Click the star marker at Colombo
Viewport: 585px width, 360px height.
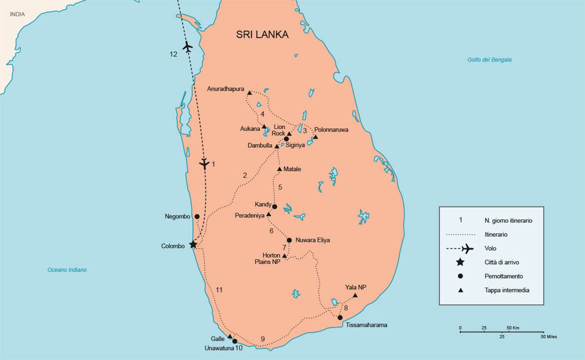tap(193, 244)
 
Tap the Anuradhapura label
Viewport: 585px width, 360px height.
tap(225, 89)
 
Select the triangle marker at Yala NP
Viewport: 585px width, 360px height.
tap(355, 295)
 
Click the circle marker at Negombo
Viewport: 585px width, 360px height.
tap(197, 216)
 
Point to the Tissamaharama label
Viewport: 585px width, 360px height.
tap(366, 325)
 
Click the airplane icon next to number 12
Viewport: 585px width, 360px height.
tap(187, 47)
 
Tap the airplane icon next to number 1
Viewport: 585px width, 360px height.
tap(203, 163)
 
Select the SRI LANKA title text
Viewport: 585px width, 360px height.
tap(262, 35)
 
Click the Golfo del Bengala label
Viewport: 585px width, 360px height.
tap(489, 60)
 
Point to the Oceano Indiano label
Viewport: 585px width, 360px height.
tap(67, 270)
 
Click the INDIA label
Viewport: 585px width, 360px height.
tap(17, 14)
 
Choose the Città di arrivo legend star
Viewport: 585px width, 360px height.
tap(460, 262)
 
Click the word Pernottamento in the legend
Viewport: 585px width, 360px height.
tap(504, 276)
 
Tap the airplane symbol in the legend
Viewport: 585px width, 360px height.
tap(466, 248)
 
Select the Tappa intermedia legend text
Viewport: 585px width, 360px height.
tap(506, 290)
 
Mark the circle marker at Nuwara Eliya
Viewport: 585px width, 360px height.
tap(289, 240)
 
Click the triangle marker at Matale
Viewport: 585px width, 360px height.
tap(279, 169)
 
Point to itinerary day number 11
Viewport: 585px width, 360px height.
tap(219, 290)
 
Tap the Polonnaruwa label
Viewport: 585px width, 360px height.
tap(331, 129)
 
